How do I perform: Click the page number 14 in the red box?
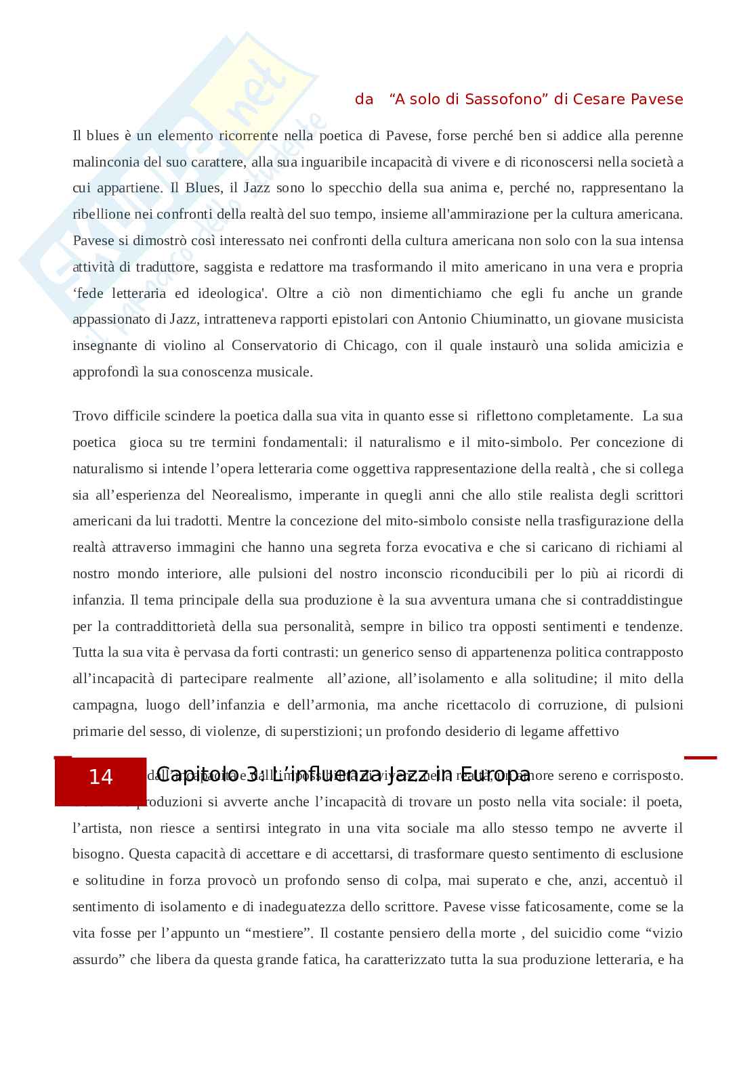(100, 777)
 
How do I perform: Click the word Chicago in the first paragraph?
(369, 346)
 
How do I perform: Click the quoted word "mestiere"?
(278, 934)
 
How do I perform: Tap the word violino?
(184, 346)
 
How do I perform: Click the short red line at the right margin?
(700, 758)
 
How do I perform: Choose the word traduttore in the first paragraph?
(166, 267)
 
